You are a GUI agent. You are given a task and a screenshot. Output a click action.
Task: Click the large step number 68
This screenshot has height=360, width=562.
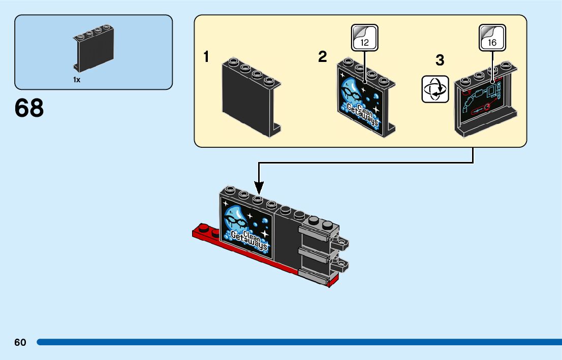(29, 108)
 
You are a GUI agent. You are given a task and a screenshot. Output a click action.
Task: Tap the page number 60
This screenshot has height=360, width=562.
(20, 342)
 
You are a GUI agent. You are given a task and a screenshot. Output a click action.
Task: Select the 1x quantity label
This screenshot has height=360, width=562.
(77, 80)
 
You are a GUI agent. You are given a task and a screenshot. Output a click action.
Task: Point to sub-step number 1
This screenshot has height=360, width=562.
(206, 57)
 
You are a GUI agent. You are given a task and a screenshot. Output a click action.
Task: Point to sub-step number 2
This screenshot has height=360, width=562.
(322, 57)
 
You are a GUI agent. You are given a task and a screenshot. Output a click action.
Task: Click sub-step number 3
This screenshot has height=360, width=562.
(440, 60)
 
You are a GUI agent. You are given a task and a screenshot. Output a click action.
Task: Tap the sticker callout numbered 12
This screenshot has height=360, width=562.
(364, 38)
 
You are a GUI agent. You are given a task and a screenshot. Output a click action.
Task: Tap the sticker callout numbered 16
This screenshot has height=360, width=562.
(492, 38)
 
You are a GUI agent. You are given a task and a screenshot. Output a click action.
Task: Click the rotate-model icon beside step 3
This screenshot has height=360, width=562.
(435, 89)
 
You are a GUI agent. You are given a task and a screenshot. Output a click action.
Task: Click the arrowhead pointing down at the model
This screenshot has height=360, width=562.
(259, 188)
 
